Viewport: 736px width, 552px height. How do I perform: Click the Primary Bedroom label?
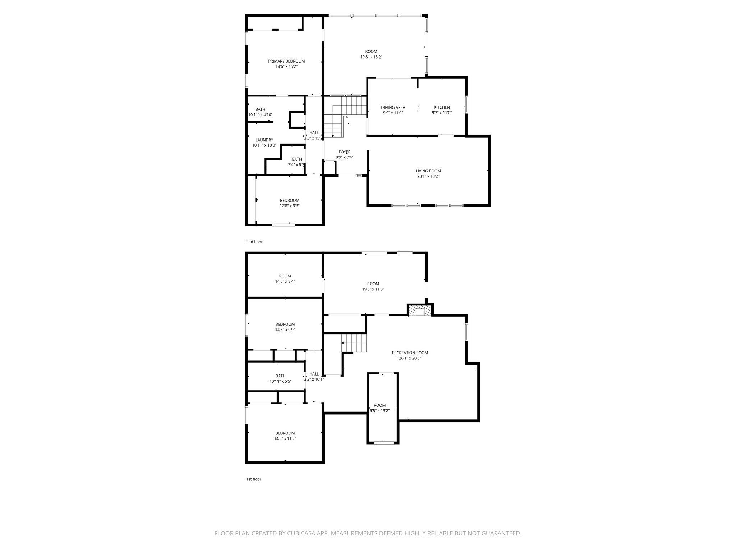(286, 61)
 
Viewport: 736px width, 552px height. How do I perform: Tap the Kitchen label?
(442, 107)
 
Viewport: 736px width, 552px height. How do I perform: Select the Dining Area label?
(393, 107)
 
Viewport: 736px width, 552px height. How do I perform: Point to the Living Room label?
(428, 171)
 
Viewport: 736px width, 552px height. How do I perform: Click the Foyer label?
(345, 152)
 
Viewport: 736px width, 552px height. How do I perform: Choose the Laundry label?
(264, 140)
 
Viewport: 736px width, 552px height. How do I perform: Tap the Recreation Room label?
(410, 353)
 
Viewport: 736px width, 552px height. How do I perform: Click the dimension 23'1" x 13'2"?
(428, 176)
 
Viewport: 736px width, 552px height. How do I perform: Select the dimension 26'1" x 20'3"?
(410, 358)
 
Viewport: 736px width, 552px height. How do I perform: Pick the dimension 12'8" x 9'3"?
(290, 206)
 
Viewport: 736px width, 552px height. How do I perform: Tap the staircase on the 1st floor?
(354, 343)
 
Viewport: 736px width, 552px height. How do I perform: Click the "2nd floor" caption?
(254, 241)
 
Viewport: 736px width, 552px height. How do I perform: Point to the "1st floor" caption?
(254, 479)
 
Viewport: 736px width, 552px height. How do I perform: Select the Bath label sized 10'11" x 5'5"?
(281, 376)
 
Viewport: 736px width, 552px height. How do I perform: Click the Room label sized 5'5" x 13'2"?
(379, 405)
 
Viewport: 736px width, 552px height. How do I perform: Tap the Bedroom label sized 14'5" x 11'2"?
(285, 433)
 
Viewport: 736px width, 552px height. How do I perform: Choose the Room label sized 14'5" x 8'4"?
(285, 276)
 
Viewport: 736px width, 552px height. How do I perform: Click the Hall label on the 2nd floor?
(314, 133)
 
